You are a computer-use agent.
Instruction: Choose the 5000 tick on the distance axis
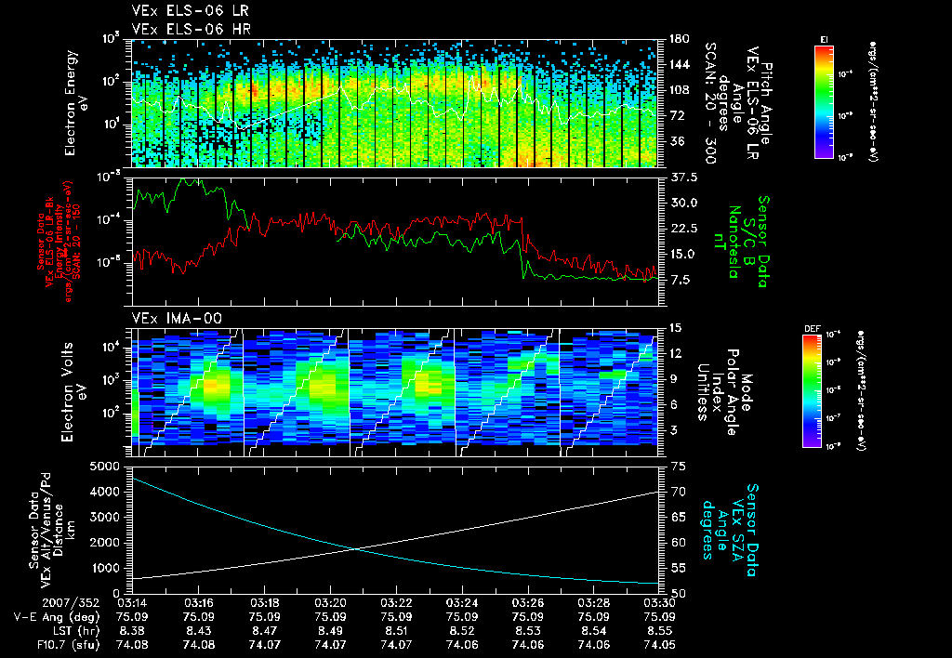point(104,466)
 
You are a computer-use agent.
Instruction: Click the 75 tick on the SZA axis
point(678,466)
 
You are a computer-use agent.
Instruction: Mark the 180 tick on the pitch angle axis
point(680,39)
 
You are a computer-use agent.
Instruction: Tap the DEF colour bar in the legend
point(811,391)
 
